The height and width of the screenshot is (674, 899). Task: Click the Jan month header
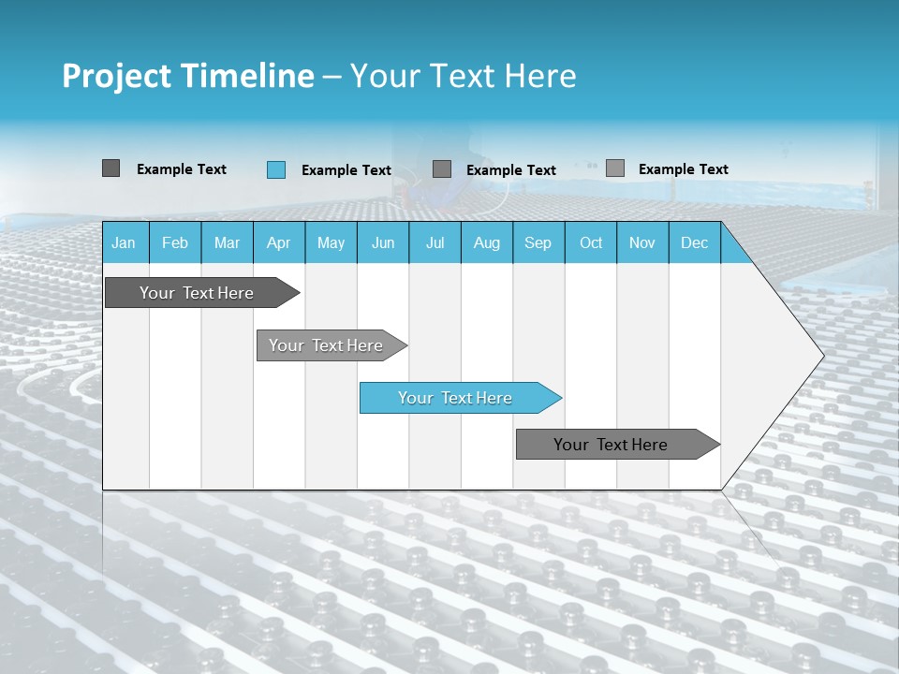124,242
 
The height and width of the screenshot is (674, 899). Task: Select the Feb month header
175,242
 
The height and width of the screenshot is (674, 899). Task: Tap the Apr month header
278,242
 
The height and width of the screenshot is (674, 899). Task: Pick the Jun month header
383,242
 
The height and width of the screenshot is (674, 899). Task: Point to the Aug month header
486,242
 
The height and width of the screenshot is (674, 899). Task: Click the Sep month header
538,242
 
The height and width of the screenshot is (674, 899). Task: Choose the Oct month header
591,242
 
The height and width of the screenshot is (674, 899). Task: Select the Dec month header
694,242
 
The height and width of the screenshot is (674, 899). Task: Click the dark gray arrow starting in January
197,293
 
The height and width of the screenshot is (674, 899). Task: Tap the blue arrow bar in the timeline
455,398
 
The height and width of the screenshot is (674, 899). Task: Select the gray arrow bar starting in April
326,345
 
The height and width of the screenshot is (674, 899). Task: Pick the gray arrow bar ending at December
611,445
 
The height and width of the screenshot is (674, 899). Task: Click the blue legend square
276,169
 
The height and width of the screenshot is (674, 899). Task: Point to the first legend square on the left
111,168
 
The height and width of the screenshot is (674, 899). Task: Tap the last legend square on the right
615,168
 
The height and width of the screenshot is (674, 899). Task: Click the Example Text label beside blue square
346,170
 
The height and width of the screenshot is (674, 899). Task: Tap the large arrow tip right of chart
787,356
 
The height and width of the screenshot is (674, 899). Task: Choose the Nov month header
642,242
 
